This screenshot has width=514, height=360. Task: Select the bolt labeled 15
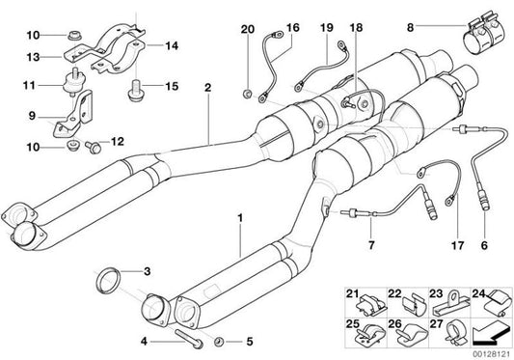(x=136, y=93)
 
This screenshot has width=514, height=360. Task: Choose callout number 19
(x=326, y=28)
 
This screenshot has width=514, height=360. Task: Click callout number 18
(x=358, y=28)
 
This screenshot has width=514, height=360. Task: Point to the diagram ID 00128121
(x=487, y=352)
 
